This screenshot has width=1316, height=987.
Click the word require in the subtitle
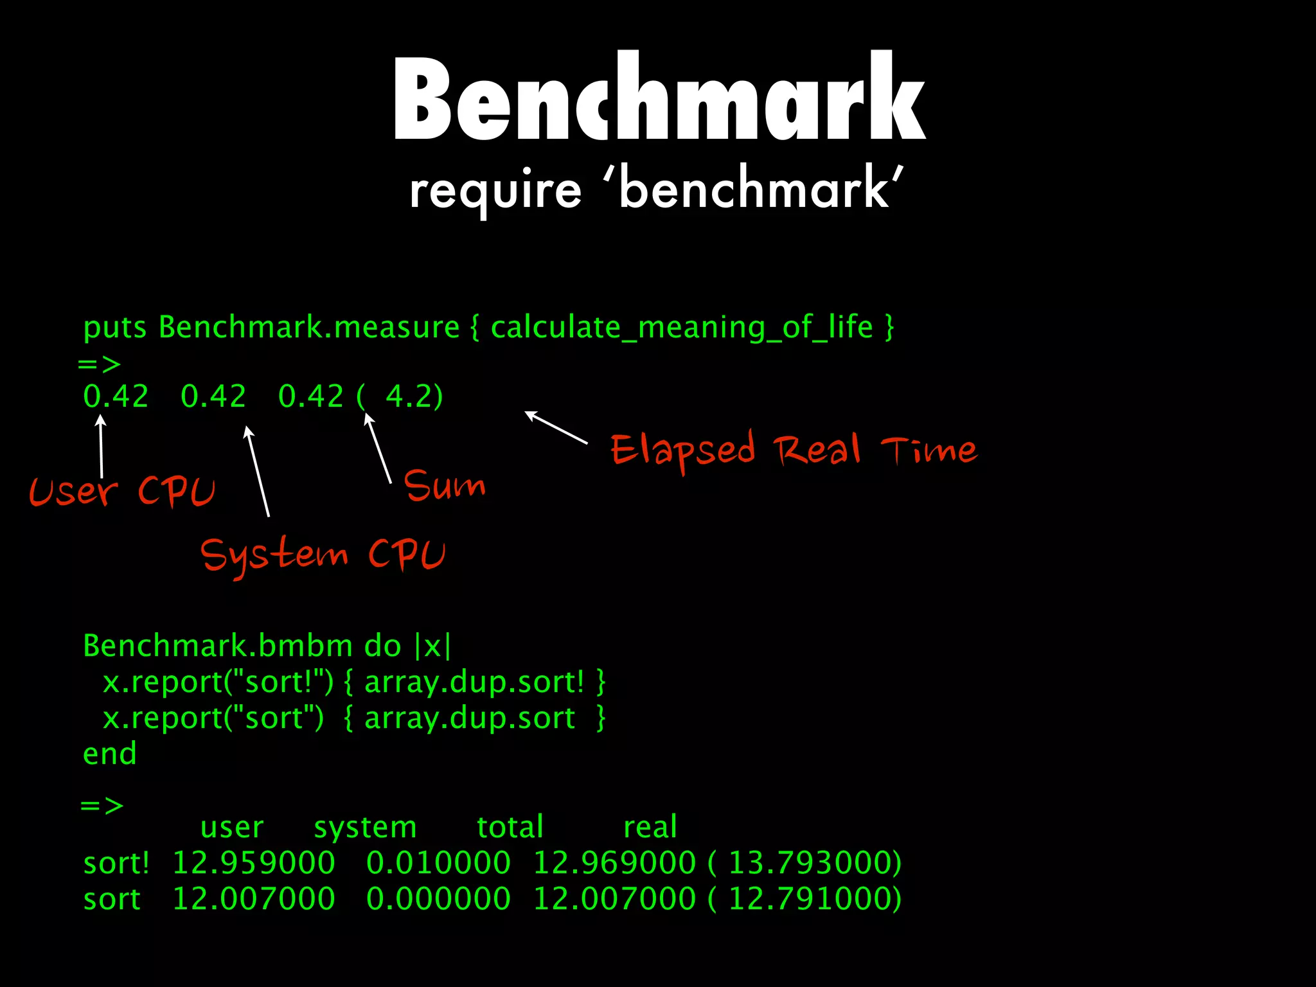point(495,191)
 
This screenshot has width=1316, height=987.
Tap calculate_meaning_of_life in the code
point(681,328)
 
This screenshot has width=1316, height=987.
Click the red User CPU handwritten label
point(122,492)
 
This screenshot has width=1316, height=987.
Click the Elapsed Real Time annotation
point(794,449)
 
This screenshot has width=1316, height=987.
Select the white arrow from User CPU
point(101,447)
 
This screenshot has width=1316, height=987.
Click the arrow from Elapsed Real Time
point(556,427)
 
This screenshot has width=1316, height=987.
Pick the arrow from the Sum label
point(378,447)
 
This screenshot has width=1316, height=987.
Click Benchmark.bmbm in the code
point(218,646)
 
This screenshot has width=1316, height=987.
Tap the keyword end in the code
point(110,754)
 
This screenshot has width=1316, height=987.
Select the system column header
point(365,828)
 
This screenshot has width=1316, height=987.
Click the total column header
point(510,828)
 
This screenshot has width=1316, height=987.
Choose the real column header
point(650,828)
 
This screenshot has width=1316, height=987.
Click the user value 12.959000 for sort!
point(254,863)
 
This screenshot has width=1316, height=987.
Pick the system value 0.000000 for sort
point(438,899)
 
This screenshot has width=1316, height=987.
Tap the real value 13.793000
point(814,863)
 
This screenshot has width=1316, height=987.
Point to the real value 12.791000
point(814,899)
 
